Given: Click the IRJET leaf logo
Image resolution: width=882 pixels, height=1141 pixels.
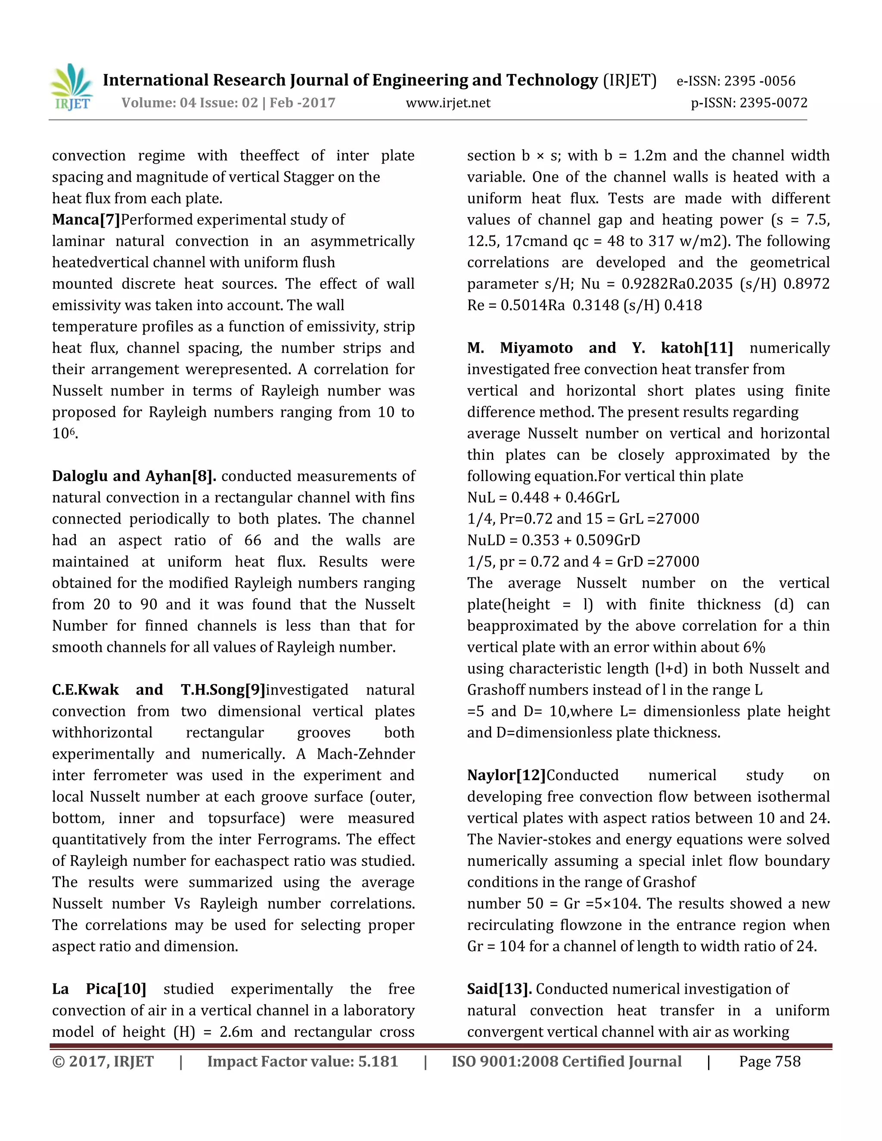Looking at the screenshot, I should pos(72,86).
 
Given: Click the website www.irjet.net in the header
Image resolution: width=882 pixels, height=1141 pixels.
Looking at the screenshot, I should pos(448,103).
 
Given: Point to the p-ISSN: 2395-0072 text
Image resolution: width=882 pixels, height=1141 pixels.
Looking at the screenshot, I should pos(749,103).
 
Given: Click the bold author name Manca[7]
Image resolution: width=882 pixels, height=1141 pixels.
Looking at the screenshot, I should pos(86,220).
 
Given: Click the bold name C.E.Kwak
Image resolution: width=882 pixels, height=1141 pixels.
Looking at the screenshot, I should pos(85,690).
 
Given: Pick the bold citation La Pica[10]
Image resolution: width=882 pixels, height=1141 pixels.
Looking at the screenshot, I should pos(99,989).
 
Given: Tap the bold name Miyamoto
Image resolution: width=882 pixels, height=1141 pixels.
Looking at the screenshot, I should pos(536,348).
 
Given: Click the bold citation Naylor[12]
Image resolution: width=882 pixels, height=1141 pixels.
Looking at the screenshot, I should pos(506,775).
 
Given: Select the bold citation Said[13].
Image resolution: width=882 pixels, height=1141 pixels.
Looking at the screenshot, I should pos(499,989).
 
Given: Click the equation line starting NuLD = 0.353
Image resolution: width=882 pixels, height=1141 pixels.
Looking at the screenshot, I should pos(553,540).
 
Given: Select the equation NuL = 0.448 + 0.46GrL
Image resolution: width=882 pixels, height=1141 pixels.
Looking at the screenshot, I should pos(543,497).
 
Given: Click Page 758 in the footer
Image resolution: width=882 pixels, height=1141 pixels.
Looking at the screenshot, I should pos(769,1062).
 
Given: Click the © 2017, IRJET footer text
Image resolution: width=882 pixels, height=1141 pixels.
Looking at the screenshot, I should pos(103,1062).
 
